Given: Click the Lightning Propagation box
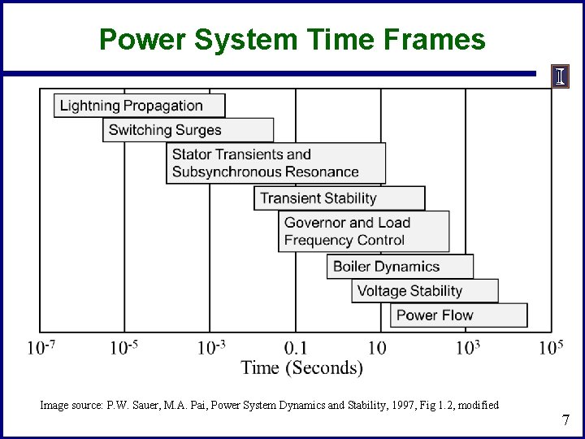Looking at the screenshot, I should tap(139, 106).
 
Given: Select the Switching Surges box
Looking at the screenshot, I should tap(188, 130).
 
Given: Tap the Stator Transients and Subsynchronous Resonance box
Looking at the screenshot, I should tap(275, 163).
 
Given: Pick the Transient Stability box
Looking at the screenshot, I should tap(339, 198).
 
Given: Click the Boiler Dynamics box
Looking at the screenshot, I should tap(400, 267).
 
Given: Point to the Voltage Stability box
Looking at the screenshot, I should tap(424, 291).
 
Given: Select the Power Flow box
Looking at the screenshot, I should tap(458, 315).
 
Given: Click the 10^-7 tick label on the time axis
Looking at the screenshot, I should tap(41, 348).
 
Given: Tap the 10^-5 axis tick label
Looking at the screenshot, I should tap(124, 348).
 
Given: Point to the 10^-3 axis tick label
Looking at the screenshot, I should tap(211, 348).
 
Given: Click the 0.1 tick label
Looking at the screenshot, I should tap(296, 349).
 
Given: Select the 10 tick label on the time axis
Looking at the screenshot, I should tap(377, 349).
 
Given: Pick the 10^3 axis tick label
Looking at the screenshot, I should tap(468, 348).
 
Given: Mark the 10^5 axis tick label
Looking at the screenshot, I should tap(551, 348).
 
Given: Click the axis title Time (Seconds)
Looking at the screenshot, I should tap(301, 367).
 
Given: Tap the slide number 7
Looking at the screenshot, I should tap(565, 420).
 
